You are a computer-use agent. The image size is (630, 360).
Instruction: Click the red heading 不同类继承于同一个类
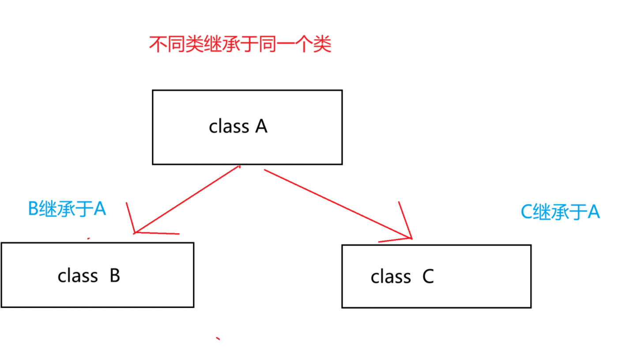tap(240, 45)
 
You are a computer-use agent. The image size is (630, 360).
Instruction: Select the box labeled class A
tap(247, 127)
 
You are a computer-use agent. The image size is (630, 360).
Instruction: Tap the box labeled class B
tap(97, 275)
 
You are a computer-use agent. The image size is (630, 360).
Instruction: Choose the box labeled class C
tap(436, 276)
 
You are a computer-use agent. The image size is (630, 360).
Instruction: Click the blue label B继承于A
tap(67, 208)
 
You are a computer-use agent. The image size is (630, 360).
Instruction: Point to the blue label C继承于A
tap(560, 212)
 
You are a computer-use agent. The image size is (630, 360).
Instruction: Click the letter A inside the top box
tap(261, 127)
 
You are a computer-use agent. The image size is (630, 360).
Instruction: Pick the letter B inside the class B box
tap(114, 275)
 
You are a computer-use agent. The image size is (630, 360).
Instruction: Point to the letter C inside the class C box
tap(428, 277)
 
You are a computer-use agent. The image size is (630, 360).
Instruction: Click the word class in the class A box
tap(229, 127)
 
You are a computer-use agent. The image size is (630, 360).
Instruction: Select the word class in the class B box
tap(77, 275)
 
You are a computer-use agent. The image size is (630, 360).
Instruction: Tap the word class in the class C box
tap(391, 277)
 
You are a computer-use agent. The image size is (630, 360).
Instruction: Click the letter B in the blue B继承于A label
tap(33, 208)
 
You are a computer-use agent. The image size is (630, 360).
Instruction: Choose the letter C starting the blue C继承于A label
tap(526, 212)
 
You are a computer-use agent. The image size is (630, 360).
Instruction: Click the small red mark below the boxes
tap(217, 339)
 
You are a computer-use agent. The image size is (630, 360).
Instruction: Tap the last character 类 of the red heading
tap(323, 45)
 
